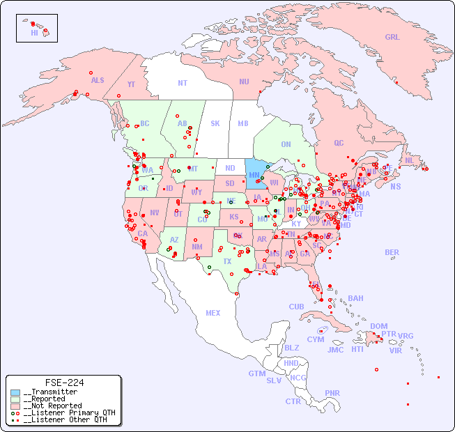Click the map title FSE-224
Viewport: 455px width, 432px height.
(64, 383)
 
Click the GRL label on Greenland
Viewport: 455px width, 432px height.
(392, 37)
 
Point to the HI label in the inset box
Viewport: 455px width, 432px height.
(34, 33)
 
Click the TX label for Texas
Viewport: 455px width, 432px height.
(227, 261)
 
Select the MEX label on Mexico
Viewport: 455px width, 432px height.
(213, 313)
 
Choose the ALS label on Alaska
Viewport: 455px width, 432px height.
(98, 80)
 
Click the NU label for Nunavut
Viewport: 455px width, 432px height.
(244, 82)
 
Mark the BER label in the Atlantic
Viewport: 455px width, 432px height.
(392, 252)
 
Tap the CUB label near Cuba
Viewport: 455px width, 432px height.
(296, 307)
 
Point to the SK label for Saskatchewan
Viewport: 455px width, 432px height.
(215, 123)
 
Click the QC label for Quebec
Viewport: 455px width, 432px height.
(339, 143)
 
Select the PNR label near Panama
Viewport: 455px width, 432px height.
(332, 393)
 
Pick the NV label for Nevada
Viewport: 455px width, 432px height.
(154, 213)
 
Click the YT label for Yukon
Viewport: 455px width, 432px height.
(131, 84)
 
